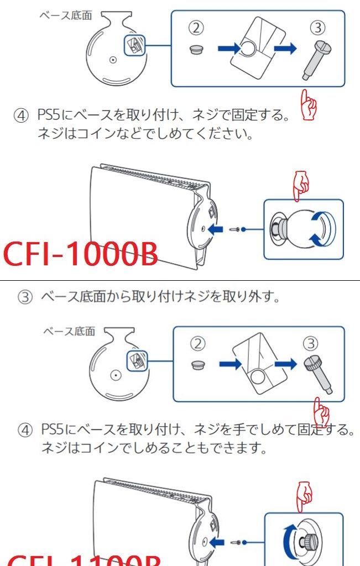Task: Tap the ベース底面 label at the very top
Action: (x=66, y=15)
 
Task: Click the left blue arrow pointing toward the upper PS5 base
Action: (x=219, y=228)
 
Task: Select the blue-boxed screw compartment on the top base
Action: (x=133, y=46)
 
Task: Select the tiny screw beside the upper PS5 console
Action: (x=236, y=228)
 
